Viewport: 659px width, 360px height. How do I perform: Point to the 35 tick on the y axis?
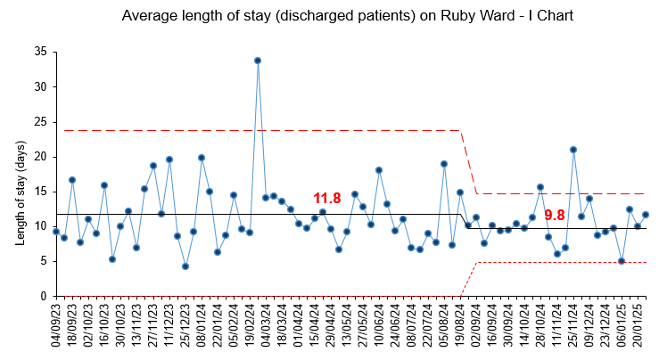41,53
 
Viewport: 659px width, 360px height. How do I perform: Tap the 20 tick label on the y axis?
41,157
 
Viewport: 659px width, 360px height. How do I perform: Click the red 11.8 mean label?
327,199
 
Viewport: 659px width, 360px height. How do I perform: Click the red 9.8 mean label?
555,215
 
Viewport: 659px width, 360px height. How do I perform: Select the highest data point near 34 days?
258,61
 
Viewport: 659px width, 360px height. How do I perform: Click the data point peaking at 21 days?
573,150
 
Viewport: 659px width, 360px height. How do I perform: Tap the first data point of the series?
56,232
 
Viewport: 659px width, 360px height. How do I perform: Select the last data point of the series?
646,215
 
